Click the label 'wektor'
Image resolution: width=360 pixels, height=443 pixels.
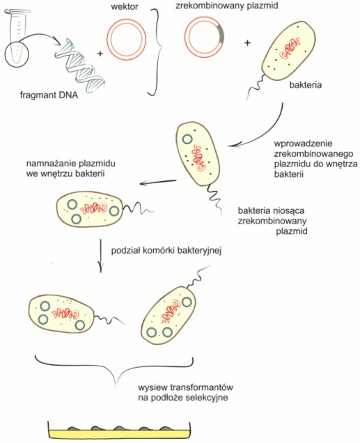point(125,6)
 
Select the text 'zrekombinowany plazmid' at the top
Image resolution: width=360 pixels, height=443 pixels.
point(227,6)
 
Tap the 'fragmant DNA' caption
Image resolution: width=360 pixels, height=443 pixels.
point(49,95)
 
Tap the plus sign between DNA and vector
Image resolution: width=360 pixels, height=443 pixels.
point(100,53)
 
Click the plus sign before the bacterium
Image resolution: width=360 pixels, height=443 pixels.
point(247,43)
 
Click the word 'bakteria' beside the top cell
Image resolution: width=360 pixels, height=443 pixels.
point(306,85)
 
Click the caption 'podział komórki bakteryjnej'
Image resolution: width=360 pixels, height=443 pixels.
point(166,251)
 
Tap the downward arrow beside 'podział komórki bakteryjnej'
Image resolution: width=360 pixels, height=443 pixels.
point(100,256)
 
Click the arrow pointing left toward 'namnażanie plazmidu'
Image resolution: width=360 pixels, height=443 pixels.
point(158,182)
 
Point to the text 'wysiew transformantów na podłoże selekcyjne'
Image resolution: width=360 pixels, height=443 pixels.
point(185,392)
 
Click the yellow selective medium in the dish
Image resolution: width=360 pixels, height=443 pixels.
point(119,434)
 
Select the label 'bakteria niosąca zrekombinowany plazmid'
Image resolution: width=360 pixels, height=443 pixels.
point(272,221)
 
